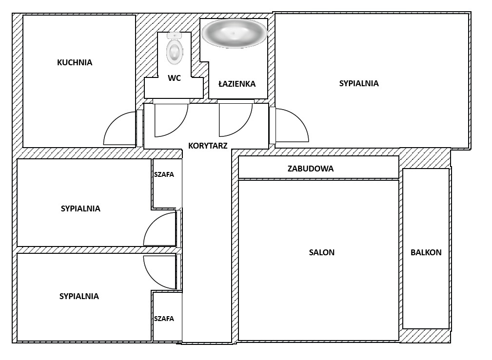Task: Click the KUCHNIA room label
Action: click(x=75, y=62)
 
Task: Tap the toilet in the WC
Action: click(x=174, y=49)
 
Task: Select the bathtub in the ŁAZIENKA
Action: click(x=234, y=33)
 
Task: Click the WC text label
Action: click(x=174, y=78)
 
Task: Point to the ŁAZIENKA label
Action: click(x=237, y=84)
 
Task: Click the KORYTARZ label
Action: click(x=208, y=145)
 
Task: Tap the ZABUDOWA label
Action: click(x=311, y=169)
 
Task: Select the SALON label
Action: click(x=322, y=252)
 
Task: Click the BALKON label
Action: click(x=426, y=252)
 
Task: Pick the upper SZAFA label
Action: click(x=164, y=174)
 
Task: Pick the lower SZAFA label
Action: click(x=164, y=319)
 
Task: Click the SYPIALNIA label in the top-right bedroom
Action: click(x=359, y=83)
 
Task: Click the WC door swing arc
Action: click(x=176, y=124)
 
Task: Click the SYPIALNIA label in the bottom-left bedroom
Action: click(x=79, y=296)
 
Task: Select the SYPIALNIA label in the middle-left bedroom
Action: click(x=80, y=208)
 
